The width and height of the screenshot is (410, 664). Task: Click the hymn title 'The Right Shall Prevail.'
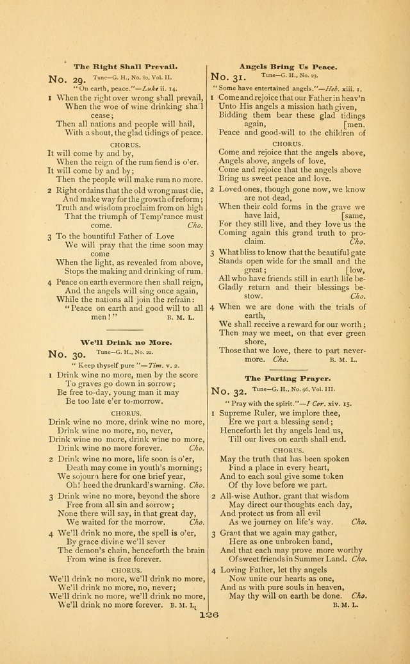click(126, 66)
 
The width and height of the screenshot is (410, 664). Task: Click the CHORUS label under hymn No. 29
click(126, 145)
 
